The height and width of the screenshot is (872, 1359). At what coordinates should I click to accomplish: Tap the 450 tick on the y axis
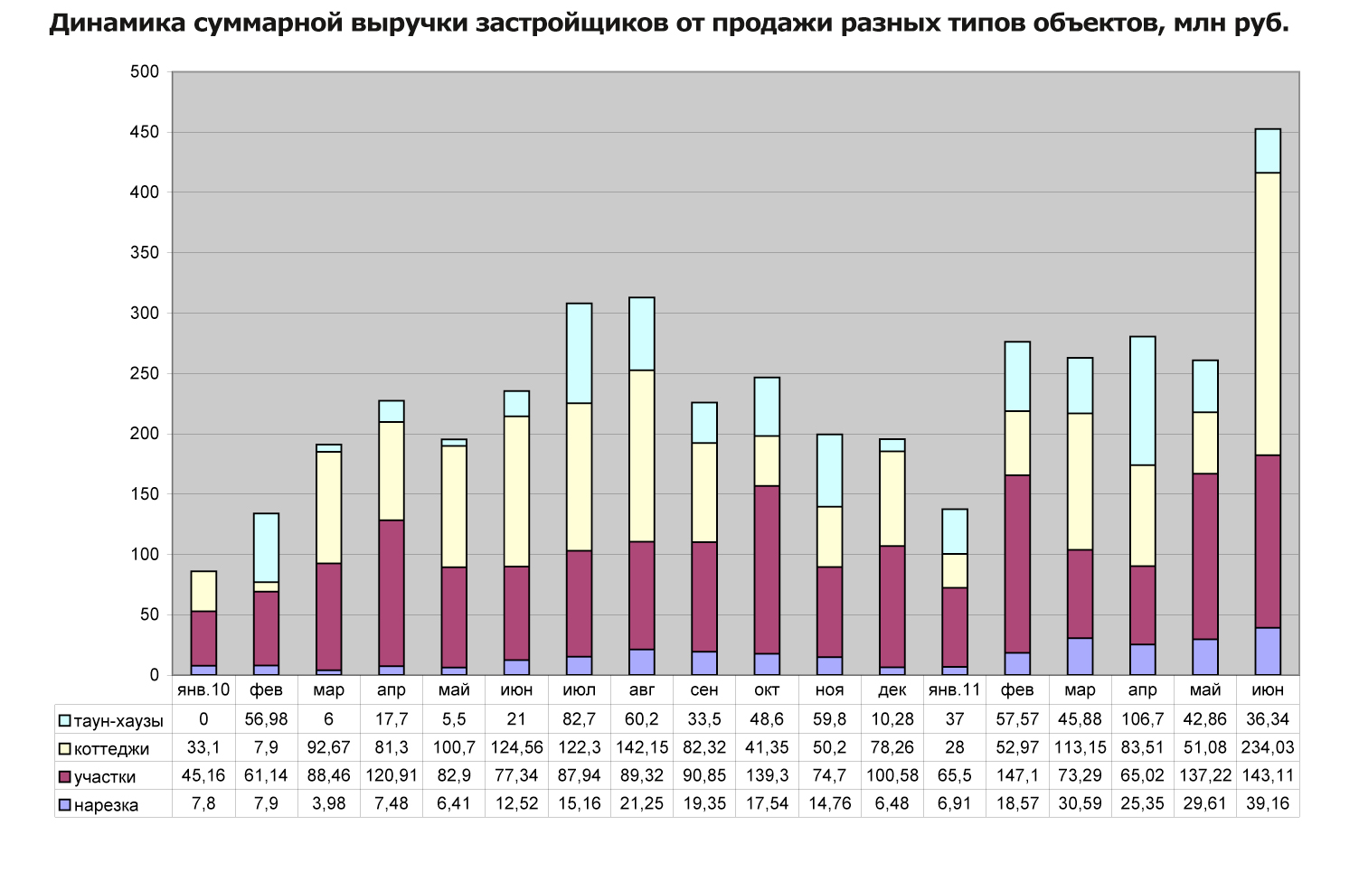145,133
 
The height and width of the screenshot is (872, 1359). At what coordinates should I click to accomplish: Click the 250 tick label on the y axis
145,374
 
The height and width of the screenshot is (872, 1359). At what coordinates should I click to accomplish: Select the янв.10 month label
203,690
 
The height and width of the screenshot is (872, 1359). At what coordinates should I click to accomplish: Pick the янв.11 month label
955,690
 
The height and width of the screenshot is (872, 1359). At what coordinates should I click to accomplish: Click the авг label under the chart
642,690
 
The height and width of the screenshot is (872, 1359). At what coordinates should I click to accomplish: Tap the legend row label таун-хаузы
118,721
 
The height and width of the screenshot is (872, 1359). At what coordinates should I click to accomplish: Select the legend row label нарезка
106,805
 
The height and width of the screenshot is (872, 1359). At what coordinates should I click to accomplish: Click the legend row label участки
105,777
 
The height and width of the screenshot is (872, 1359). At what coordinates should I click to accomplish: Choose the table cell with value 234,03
1268,747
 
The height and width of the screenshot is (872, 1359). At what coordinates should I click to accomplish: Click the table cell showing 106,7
1143,719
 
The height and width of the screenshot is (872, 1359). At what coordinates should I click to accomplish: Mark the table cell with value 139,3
767,775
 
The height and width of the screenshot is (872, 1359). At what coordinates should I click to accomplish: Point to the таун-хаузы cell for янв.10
203,719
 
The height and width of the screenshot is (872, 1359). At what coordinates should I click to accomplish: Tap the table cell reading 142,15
642,747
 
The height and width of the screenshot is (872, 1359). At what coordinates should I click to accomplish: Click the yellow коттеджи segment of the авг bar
642,456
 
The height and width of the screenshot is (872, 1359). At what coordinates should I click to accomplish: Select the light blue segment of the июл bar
580,353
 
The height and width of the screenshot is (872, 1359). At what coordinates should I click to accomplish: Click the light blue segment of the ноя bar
830,471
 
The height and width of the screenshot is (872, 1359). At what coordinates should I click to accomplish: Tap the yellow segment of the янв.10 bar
203,592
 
